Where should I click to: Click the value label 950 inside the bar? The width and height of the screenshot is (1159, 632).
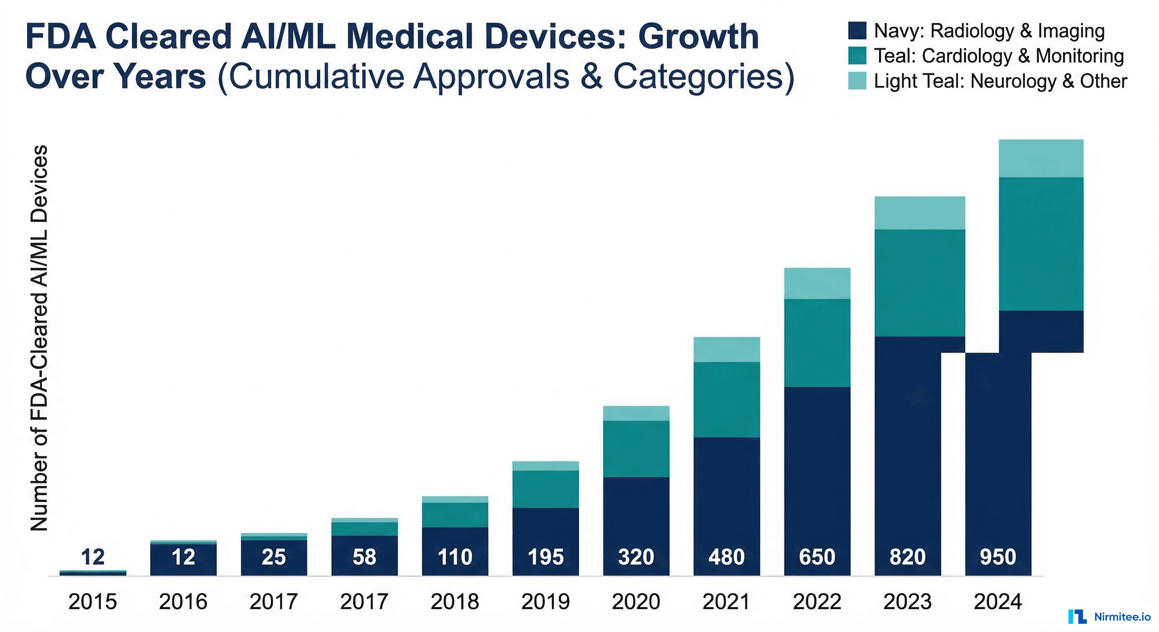998,557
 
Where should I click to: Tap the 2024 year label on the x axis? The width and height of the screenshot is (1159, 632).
998,602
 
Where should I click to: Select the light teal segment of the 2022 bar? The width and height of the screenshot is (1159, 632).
817,283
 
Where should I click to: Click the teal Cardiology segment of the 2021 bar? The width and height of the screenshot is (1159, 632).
726,400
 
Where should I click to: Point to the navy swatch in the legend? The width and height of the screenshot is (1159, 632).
856,30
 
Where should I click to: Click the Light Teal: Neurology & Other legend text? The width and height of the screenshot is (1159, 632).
1000,81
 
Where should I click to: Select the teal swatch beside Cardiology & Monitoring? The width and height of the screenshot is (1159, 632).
856,56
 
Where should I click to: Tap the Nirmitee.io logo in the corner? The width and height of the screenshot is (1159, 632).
1109,617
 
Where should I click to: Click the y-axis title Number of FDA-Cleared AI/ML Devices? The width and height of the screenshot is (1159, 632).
40,337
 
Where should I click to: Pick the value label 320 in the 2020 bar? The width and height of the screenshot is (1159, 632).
636,557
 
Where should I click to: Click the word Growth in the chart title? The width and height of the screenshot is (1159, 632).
698,37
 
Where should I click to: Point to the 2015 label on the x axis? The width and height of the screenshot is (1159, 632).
93,602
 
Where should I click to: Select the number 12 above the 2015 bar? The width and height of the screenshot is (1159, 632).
93,557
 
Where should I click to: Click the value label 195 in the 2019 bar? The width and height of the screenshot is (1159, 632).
545,557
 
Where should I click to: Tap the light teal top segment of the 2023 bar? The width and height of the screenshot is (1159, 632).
919,213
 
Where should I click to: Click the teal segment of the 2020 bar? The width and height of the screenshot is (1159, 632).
636,448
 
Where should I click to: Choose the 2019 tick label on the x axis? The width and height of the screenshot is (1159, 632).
545,602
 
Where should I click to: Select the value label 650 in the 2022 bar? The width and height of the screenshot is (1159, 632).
817,557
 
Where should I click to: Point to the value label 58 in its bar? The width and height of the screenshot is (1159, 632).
364,557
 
